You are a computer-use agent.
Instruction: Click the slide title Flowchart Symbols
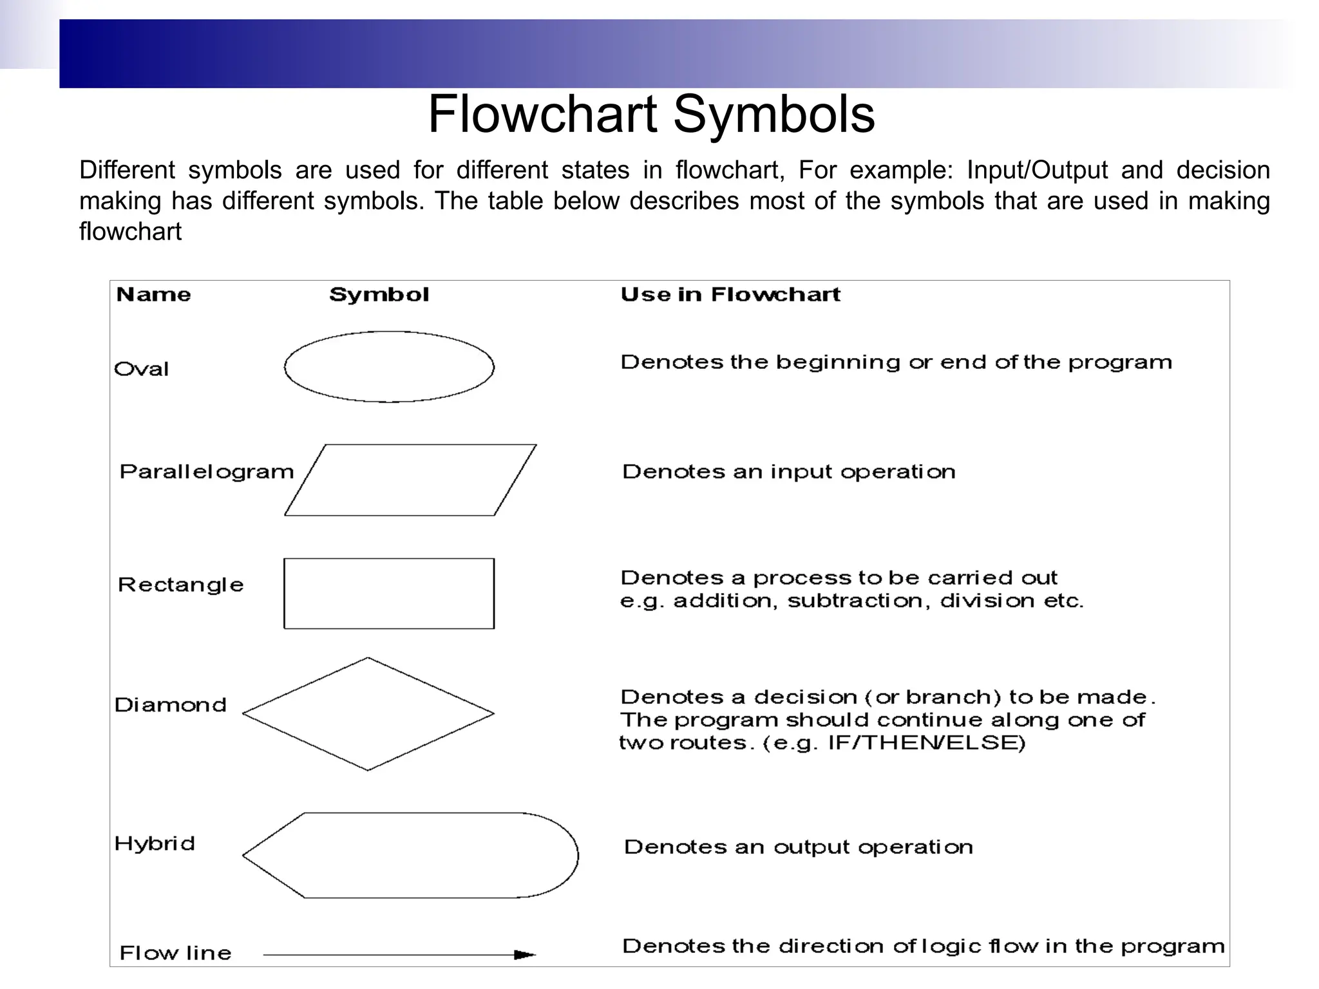(651, 115)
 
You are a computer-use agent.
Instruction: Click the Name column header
(153, 295)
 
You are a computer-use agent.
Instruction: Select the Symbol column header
(379, 295)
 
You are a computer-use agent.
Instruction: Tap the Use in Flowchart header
(730, 295)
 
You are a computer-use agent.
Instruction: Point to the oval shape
(389, 367)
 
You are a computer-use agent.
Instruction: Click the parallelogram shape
(410, 480)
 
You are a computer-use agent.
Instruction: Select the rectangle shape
(389, 593)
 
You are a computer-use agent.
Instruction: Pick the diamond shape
(368, 713)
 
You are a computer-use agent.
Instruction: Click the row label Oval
(142, 369)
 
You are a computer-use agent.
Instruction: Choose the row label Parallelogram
(206, 472)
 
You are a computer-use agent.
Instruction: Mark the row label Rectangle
(181, 585)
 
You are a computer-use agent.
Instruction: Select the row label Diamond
(171, 705)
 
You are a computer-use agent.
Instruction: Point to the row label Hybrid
(155, 843)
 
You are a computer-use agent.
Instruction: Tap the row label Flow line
(175, 953)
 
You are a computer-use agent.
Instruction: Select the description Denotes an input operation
(789, 472)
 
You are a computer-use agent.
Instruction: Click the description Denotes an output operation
(799, 847)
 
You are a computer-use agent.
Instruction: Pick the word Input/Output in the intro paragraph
(1038, 171)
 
